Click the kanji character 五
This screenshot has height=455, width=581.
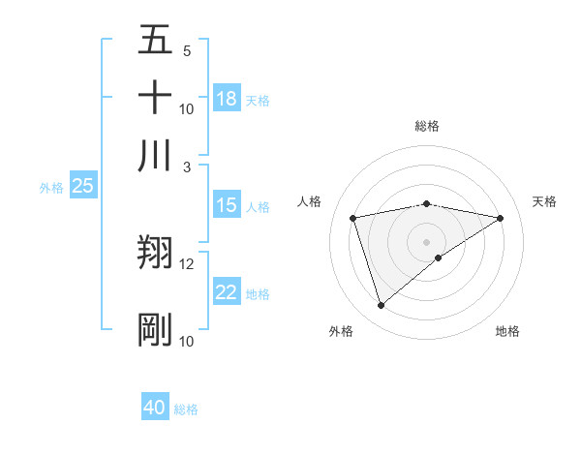(x=155, y=42)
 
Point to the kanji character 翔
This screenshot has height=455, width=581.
(x=155, y=253)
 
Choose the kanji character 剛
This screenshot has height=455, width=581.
(x=155, y=329)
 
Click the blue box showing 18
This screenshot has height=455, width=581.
(x=227, y=99)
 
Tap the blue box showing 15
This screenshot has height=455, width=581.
(x=227, y=205)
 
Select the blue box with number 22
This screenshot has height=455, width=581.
(x=227, y=293)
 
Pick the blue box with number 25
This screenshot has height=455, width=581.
(x=82, y=187)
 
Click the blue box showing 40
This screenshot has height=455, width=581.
(x=155, y=408)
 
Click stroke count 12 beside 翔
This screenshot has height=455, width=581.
(x=187, y=263)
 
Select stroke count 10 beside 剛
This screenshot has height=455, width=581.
(x=187, y=341)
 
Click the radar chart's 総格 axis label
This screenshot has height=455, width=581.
(x=427, y=126)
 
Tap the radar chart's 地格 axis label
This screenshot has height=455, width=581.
(x=507, y=332)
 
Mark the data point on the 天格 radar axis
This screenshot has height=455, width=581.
(x=501, y=218)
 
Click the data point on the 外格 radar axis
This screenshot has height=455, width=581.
(x=381, y=306)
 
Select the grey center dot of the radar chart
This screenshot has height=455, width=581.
(x=427, y=242)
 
